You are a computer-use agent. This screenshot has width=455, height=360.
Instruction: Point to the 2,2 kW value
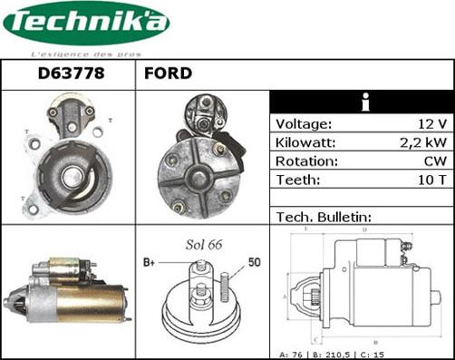423,143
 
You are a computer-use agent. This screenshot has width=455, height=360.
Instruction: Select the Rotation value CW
434,161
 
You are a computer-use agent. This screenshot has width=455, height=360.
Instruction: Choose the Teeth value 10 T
430,180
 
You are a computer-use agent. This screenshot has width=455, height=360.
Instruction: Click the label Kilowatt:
305,143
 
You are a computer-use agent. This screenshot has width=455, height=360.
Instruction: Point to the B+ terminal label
151,262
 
